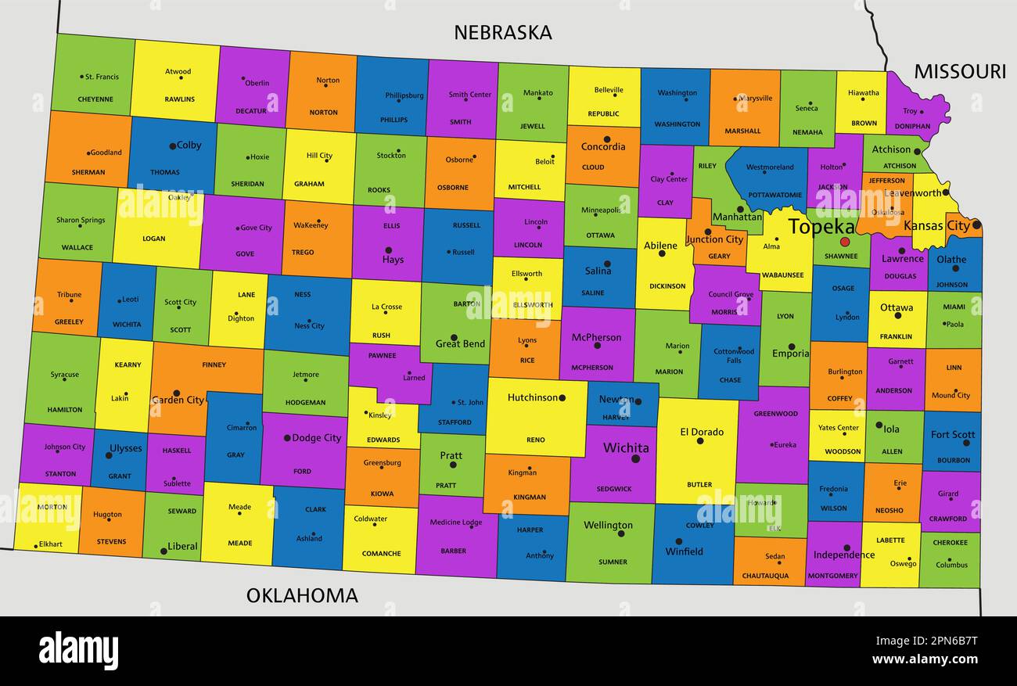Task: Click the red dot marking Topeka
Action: click(x=844, y=242)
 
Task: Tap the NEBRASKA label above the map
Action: click(x=503, y=32)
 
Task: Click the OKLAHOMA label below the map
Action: click(x=302, y=595)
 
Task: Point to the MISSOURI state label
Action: click(x=959, y=71)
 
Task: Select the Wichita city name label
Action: click(x=626, y=448)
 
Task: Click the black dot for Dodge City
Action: click(x=287, y=438)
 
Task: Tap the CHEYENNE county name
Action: click(x=95, y=99)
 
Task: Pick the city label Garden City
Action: click(x=178, y=400)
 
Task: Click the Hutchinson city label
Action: click(x=533, y=397)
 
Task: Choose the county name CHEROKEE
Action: click(x=950, y=542)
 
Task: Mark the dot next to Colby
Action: click(x=172, y=146)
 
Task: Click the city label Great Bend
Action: click(x=460, y=343)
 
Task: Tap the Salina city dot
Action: click(x=607, y=264)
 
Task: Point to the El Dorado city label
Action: click(x=702, y=432)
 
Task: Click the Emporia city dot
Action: click(x=792, y=347)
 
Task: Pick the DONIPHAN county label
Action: click(x=912, y=126)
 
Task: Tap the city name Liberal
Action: click(x=182, y=546)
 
